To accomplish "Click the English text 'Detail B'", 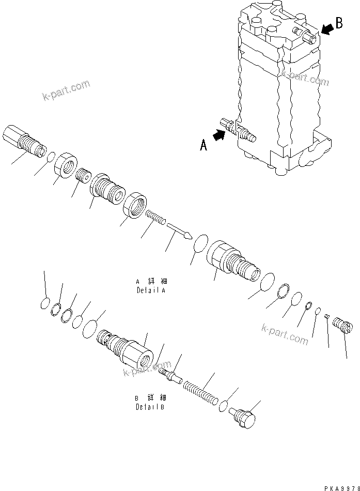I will click(x=150, y=406).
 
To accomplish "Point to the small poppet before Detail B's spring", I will click(x=170, y=373).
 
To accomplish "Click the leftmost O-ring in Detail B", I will click(x=45, y=304).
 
